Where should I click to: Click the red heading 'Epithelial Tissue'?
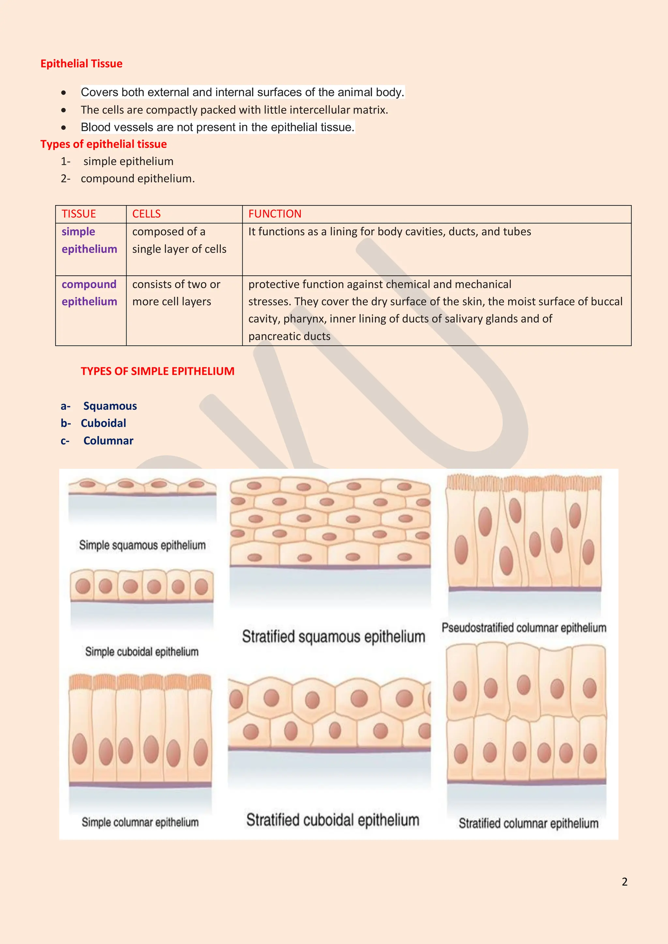point(82,64)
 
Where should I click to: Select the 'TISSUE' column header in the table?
point(79,214)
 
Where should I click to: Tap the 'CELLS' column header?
point(146,214)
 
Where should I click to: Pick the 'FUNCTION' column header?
point(275,214)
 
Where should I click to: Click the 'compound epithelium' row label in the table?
point(89,293)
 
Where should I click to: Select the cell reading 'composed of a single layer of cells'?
point(179,240)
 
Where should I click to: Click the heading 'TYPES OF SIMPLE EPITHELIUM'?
point(158,371)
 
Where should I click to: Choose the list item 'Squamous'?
point(110,406)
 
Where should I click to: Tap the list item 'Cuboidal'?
point(103,423)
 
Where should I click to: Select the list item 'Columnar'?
point(108,441)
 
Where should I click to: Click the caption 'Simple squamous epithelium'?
point(142,545)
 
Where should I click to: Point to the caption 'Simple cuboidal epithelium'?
point(142,652)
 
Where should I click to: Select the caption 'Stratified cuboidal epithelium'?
point(333,820)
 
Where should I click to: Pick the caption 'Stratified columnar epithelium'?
point(528,823)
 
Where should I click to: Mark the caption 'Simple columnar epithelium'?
point(140,822)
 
